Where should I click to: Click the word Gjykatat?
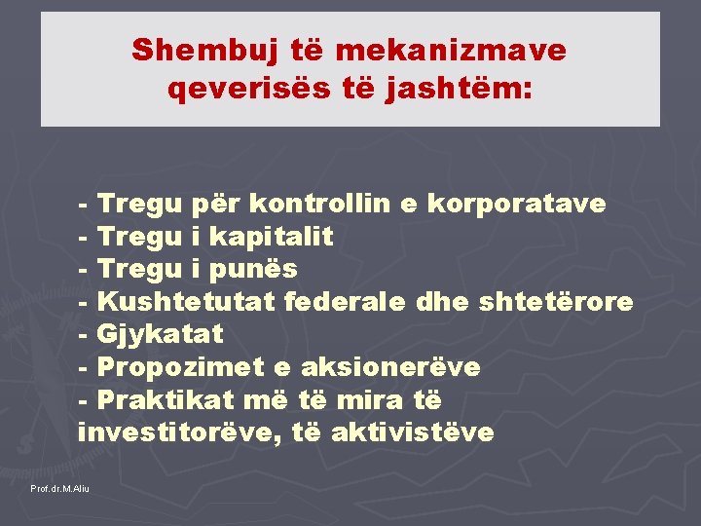point(161,334)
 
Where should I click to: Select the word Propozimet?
point(180,367)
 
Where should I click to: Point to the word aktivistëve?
point(413,432)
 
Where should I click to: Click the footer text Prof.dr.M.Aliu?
point(59,487)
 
